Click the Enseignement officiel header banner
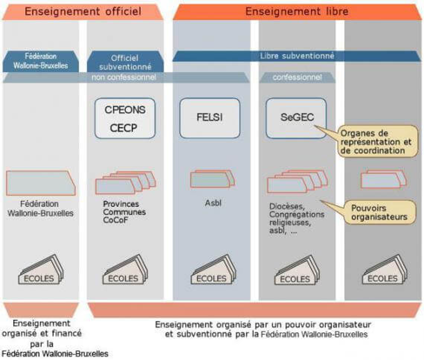click(83, 12)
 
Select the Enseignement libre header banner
click(297, 12)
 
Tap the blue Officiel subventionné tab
click(125, 62)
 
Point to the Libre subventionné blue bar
click(297, 56)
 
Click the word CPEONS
click(125, 110)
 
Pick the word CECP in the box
click(123, 128)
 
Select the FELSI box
click(210, 118)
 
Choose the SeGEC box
click(296, 118)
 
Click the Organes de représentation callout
click(377, 141)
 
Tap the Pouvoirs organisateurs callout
click(379, 212)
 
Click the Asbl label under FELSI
click(213, 203)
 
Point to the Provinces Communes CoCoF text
click(124, 212)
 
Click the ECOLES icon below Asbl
click(213, 270)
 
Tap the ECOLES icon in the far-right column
click(384, 270)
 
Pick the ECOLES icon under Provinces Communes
click(125, 270)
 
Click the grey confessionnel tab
click(297, 78)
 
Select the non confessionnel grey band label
click(124, 78)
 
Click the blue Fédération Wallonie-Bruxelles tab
click(40, 61)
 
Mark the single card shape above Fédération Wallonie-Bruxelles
click(40, 183)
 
